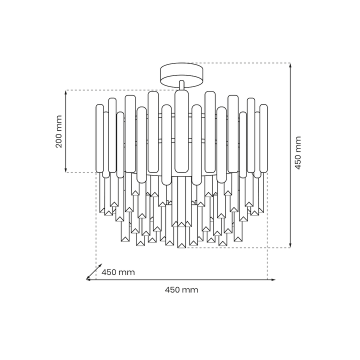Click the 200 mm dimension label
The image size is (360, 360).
coord(59,131)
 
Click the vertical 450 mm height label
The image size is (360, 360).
coord(297,152)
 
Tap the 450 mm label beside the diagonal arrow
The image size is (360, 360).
coord(118,272)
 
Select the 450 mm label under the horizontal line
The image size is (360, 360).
coord(181,289)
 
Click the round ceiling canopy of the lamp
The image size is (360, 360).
coord(182,75)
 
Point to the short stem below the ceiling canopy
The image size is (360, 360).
coord(181,85)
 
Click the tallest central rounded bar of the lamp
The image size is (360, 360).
coord(181,131)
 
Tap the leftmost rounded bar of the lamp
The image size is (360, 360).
coord(99,138)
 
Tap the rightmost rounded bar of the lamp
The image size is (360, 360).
coord(263,138)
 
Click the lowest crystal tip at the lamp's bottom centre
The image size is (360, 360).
coord(181,245)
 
